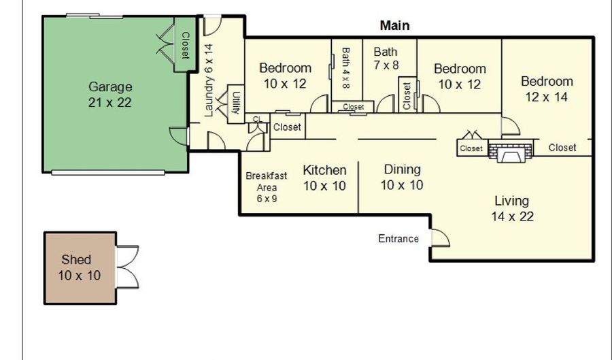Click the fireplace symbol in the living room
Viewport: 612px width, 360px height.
[x=511, y=152]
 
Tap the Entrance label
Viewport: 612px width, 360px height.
[x=398, y=239]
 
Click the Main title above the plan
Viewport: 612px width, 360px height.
[x=395, y=25]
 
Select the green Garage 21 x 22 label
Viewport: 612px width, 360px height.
[x=110, y=95]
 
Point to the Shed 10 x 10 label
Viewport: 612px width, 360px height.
[x=80, y=267]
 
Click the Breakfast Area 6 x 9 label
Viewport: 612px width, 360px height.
[x=267, y=187]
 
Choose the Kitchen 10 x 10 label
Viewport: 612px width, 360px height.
[x=325, y=178]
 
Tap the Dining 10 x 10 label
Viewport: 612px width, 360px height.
[x=402, y=177]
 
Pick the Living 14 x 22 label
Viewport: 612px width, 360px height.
[x=512, y=208]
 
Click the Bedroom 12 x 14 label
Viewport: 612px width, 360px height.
[x=547, y=89]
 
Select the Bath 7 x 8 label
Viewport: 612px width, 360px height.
[x=386, y=58]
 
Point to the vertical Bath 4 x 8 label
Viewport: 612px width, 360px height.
[x=346, y=68]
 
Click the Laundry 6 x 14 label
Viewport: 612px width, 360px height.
[x=209, y=80]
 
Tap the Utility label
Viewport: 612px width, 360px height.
[x=236, y=103]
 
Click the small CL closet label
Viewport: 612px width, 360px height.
[x=257, y=119]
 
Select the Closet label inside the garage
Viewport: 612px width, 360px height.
[x=185, y=46]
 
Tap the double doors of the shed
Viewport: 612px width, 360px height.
[x=128, y=267]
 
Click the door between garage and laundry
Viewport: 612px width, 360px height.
[x=179, y=136]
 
